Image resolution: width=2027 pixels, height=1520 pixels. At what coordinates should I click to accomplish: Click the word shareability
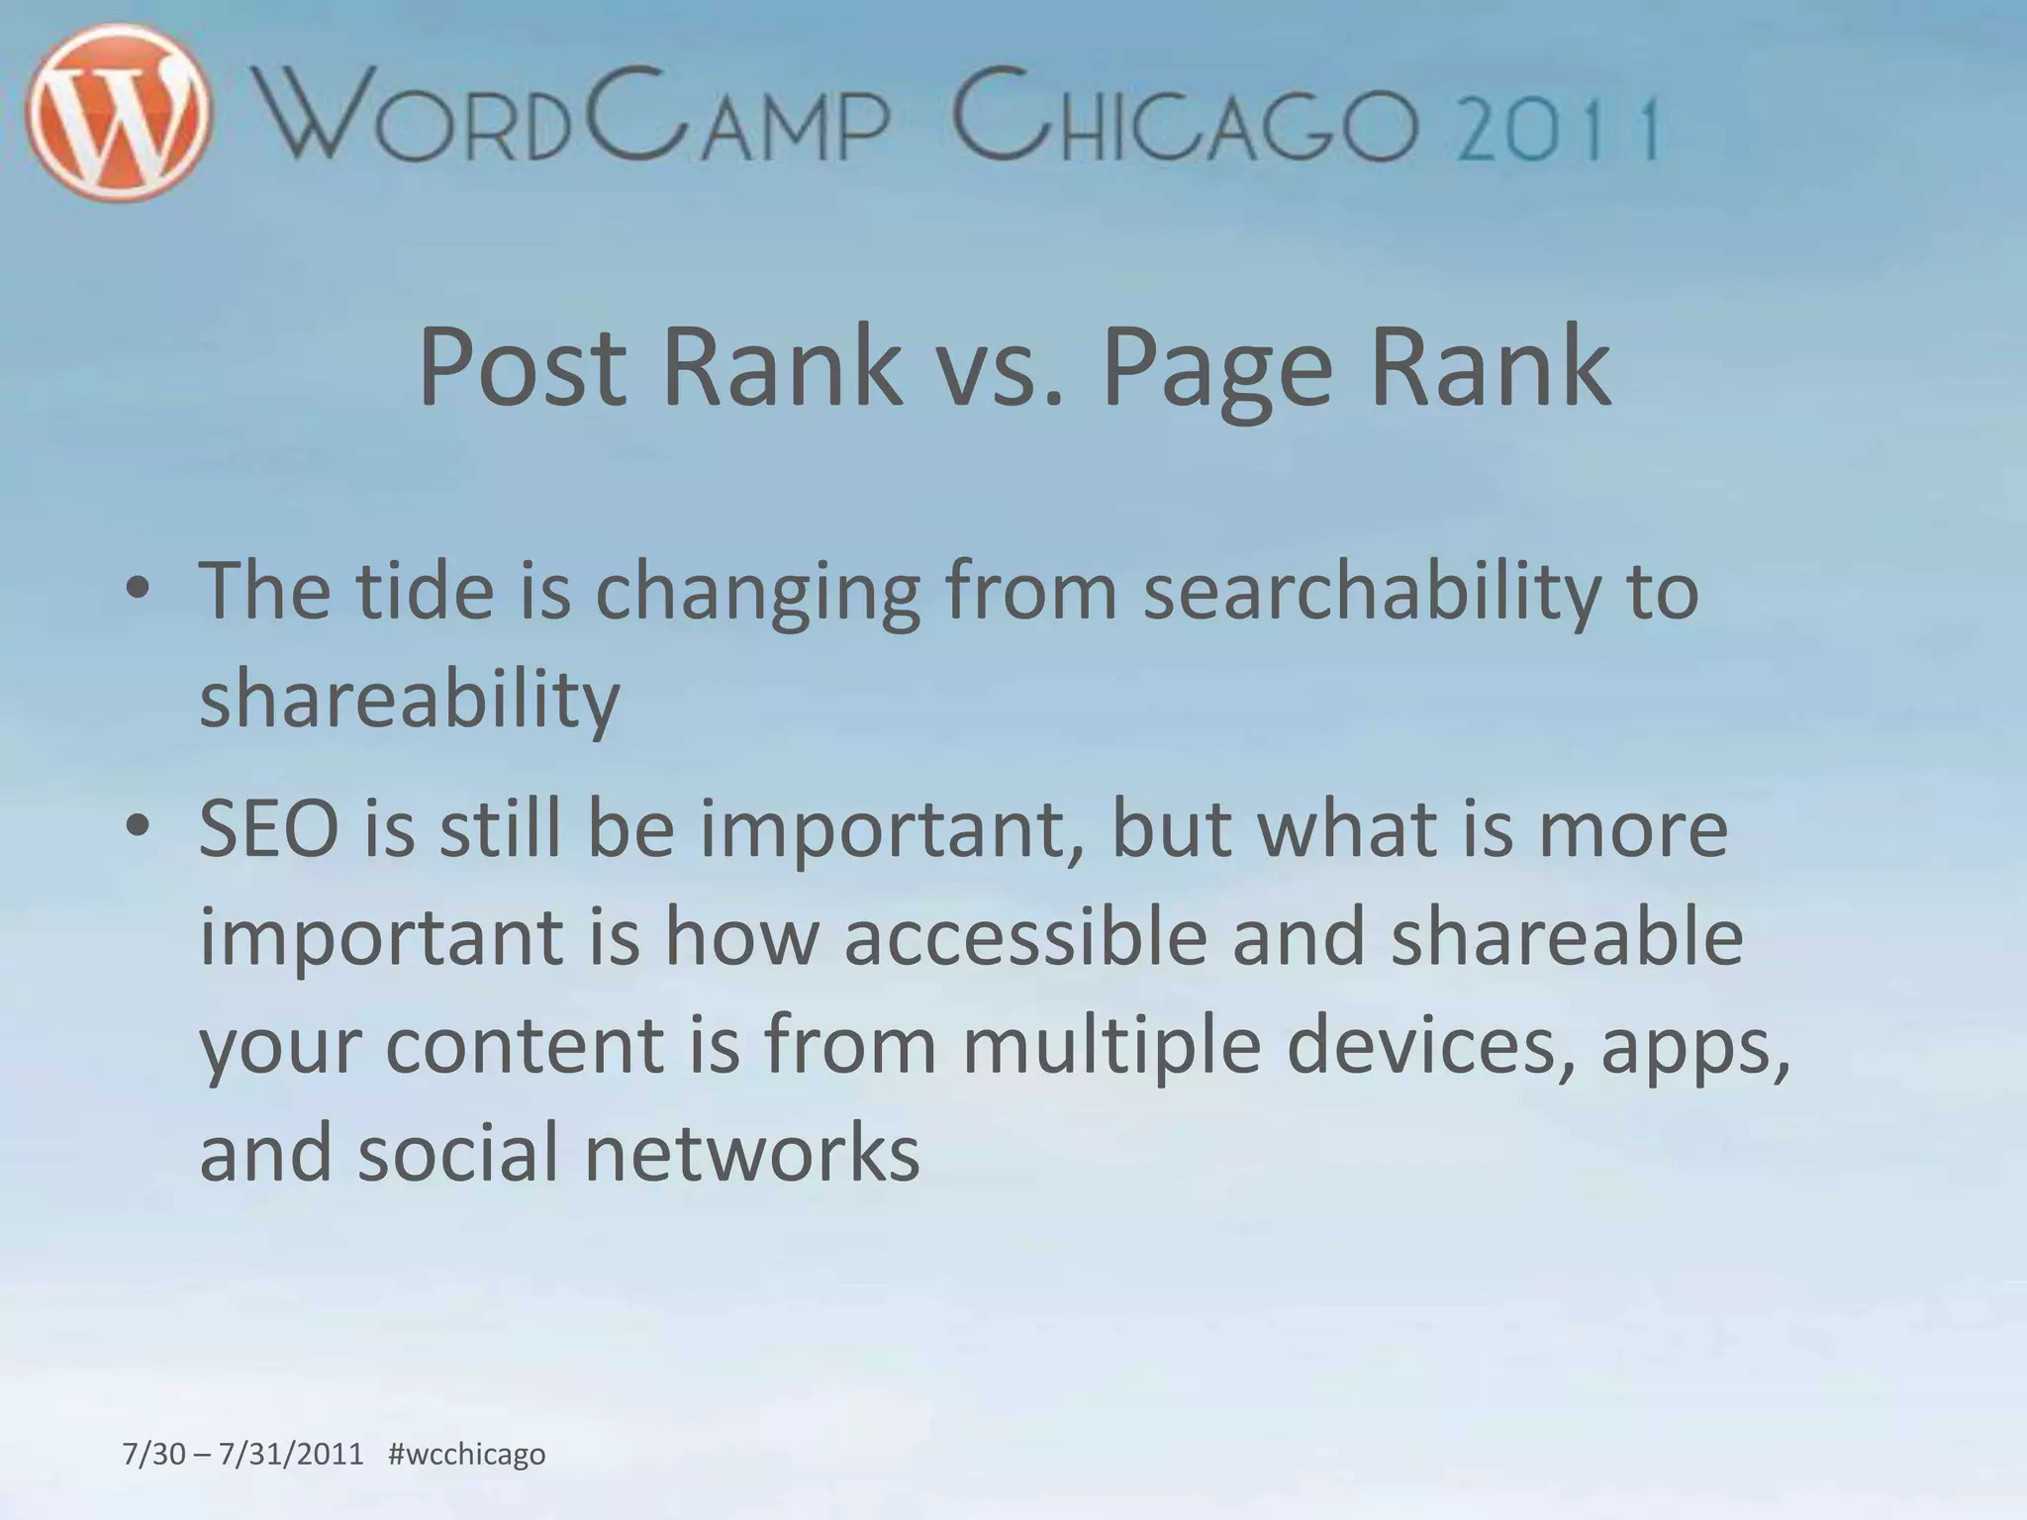(x=410, y=699)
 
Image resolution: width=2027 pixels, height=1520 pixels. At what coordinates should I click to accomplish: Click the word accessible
(x=1025, y=937)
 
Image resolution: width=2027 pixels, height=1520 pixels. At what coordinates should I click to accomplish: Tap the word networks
(x=752, y=1153)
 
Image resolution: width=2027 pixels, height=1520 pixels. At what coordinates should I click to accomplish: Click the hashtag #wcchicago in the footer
(x=467, y=1455)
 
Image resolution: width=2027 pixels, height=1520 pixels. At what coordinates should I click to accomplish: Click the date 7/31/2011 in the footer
(x=291, y=1455)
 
